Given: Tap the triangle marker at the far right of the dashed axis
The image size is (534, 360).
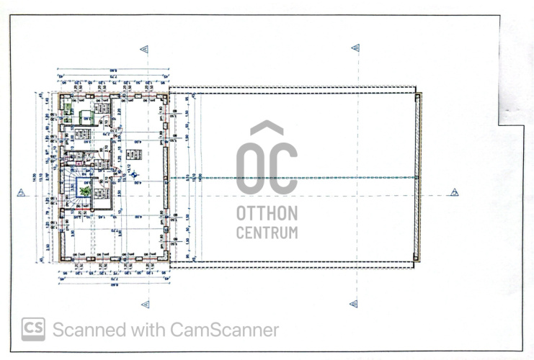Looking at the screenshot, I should [x=454, y=192].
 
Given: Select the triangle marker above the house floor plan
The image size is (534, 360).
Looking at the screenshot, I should [x=145, y=49].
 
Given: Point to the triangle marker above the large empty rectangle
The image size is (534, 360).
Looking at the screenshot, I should [x=355, y=48].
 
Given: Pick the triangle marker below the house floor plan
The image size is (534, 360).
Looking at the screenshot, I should [x=145, y=304].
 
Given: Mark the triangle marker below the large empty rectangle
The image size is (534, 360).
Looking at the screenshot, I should [x=352, y=304].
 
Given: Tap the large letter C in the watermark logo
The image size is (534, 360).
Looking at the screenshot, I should [x=283, y=168].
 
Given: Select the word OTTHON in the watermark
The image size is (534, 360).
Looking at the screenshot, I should [x=267, y=214].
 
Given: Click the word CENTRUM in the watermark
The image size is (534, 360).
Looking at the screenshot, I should [x=267, y=233].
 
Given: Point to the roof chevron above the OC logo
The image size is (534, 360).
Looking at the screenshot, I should [x=267, y=128].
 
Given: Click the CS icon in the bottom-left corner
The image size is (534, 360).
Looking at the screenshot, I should [x=33, y=329].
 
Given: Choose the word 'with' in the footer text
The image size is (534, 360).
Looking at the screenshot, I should [x=146, y=330].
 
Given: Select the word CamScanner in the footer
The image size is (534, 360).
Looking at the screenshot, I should [x=224, y=330].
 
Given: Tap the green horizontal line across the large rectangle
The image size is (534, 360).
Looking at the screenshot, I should [x=303, y=178].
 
